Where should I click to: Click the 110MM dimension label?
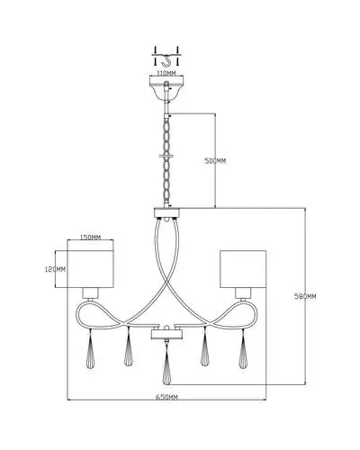pyautogui.click(x=166, y=73)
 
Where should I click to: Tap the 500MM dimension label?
pyautogui.click(x=215, y=161)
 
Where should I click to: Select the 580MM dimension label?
pyautogui.click(x=305, y=296)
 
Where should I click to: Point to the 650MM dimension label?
pyautogui.click(x=166, y=397)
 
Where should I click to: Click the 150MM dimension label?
pyautogui.click(x=90, y=238)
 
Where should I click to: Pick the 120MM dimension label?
pyautogui.click(x=55, y=269)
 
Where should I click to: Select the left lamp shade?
pyautogui.click(x=91, y=269)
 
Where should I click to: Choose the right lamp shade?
pyautogui.click(x=243, y=269)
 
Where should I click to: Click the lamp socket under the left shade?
pyautogui.click(x=90, y=293)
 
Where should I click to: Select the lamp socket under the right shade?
pyautogui.click(x=243, y=293)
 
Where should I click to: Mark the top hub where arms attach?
pyautogui.click(x=166, y=212)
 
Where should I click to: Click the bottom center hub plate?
pyautogui.click(x=166, y=334)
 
